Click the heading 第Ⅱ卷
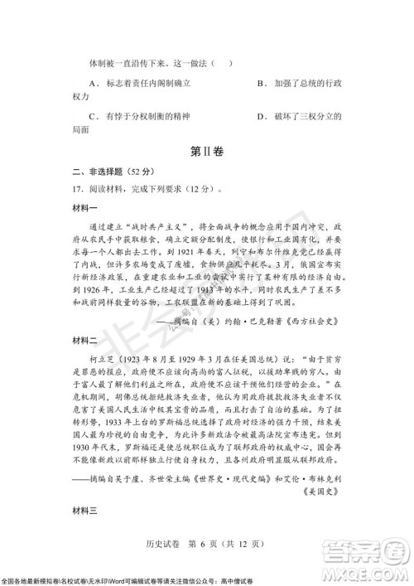point(206,152)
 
